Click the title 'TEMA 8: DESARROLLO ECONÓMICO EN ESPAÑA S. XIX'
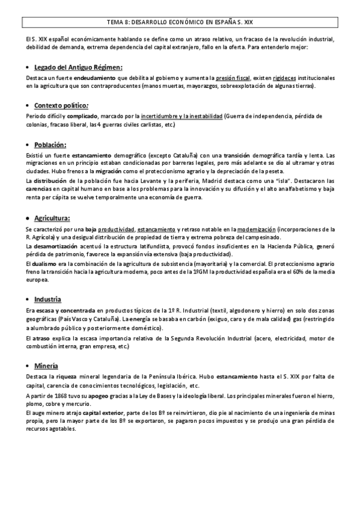click(180, 23)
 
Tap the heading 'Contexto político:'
click(63, 104)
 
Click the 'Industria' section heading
click(48, 299)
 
